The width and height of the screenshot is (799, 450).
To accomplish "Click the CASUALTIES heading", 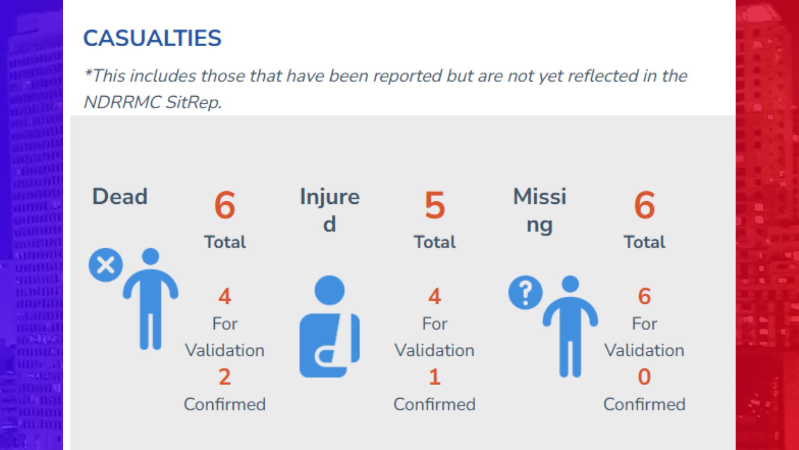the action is pyautogui.click(x=152, y=38).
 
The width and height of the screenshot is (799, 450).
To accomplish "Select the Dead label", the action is pyautogui.click(x=120, y=196).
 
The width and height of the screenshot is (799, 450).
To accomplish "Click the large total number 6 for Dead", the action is pyautogui.click(x=225, y=205).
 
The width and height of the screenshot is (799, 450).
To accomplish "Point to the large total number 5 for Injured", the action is pyautogui.click(x=434, y=205).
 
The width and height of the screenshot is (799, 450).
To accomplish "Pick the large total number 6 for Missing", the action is pyautogui.click(x=644, y=205).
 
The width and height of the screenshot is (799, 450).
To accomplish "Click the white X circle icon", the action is pyautogui.click(x=106, y=265).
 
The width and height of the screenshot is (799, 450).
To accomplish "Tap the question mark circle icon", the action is pyautogui.click(x=526, y=292).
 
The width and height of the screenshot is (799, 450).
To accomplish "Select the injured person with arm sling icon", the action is pyautogui.click(x=330, y=326).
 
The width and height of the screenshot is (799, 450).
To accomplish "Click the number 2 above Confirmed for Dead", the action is pyautogui.click(x=225, y=377).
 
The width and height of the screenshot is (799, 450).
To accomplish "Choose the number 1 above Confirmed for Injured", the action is pyautogui.click(x=434, y=377).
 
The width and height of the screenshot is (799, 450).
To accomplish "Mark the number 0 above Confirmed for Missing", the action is pyautogui.click(x=644, y=377).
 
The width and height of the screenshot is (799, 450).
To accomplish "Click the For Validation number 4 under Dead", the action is pyautogui.click(x=225, y=296).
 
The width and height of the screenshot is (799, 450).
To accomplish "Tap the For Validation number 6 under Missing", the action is pyautogui.click(x=644, y=296).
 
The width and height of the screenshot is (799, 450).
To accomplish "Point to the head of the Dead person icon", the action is pyautogui.click(x=151, y=256).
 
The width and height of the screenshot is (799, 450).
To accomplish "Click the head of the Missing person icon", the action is pyautogui.click(x=570, y=284).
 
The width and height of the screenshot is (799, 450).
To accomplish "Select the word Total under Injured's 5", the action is pyautogui.click(x=434, y=242).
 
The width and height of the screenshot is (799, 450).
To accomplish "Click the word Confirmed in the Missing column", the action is pyautogui.click(x=644, y=404).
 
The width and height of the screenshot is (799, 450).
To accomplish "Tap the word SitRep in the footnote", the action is pyautogui.click(x=194, y=102).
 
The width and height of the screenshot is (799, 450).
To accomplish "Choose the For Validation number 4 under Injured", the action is pyautogui.click(x=434, y=296).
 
